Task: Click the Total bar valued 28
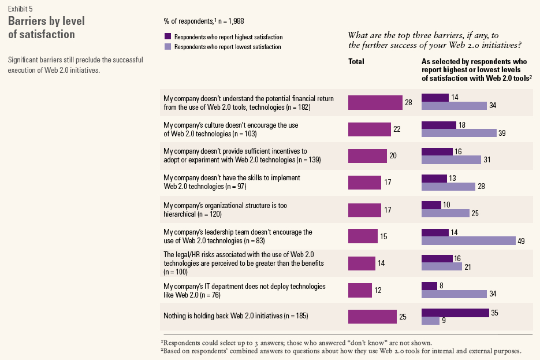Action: [x=375, y=102]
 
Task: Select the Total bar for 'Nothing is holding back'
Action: [x=373, y=317]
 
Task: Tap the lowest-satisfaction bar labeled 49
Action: [x=468, y=240]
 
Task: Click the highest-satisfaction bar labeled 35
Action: [x=455, y=313]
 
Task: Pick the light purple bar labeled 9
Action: [x=430, y=321]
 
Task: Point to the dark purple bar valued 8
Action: [x=429, y=285]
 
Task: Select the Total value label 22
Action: [x=397, y=129]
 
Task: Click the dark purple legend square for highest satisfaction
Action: [x=167, y=37]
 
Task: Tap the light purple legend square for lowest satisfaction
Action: [x=167, y=47]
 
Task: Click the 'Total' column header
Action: [x=356, y=62]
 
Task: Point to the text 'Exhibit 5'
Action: [x=21, y=9]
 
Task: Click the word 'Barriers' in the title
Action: [x=29, y=21]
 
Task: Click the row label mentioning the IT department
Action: [x=244, y=290]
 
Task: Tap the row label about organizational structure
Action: [x=226, y=209]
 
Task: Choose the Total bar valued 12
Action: [x=360, y=290]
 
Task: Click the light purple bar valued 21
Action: [x=442, y=267]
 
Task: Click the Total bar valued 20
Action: [x=367, y=156]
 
